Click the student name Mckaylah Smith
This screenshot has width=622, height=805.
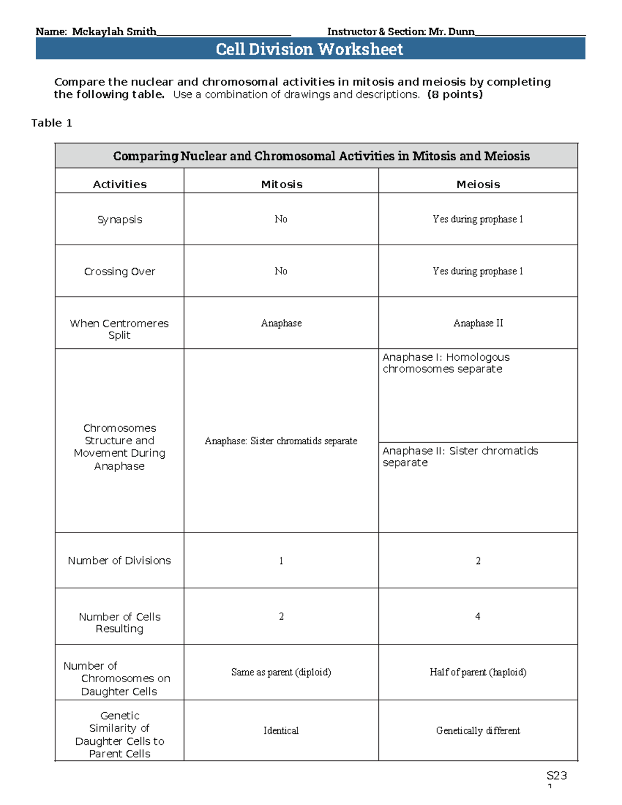tap(114, 32)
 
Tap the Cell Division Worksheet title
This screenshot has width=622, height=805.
tap(309, 49)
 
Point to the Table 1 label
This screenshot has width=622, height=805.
tap(51, 123)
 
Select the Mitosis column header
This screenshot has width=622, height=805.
tap(281, 185)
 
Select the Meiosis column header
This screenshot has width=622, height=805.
tap(478, 185)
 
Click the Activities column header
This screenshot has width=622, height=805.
tap(120, 185)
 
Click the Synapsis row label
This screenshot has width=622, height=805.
tap(120, 220)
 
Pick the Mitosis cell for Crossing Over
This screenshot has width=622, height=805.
tap(281, 271)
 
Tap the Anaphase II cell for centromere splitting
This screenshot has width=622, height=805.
tap(478, 323)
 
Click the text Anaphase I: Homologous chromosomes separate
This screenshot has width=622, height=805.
tap(446, 363)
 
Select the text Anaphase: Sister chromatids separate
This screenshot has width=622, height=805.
tap(281, 441)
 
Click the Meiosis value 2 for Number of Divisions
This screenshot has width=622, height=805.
tap(478, 561)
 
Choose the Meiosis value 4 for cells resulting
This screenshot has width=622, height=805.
tap(477, 616)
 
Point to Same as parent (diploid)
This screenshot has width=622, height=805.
tap(281, 672)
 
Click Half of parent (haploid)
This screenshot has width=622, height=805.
tap(478, 672)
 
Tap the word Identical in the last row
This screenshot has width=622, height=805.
tap(281, 731)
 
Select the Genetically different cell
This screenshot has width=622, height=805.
tap(478, 731)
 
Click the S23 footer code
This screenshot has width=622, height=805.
tap(557, 775)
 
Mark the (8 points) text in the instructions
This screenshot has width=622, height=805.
tap(455, 94)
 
